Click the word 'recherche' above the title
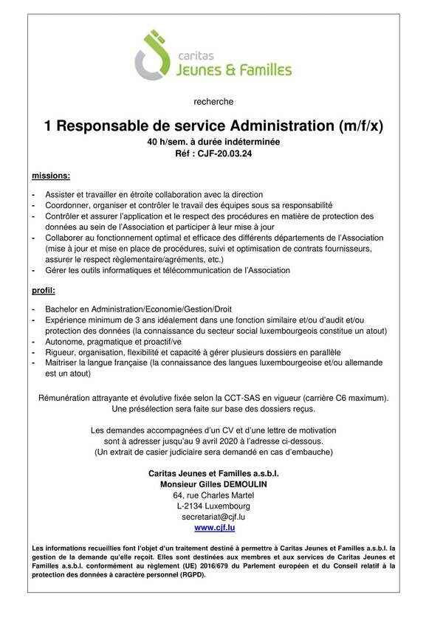221,102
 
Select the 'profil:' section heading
45,291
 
